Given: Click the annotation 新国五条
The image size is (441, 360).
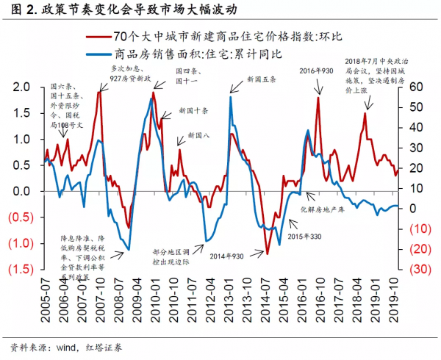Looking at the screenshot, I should click(262, 79).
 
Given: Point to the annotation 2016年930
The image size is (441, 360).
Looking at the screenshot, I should click(316, 70).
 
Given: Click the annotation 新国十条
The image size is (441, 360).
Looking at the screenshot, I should click(193, 111).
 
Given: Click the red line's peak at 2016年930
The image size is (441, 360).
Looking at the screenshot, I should click(318, 98).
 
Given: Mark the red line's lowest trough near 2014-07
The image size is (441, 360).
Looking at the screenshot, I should click(268, 254).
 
